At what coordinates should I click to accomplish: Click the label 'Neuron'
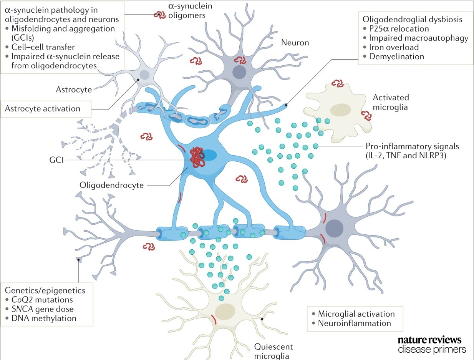pyautogui.click(x=295, y=42)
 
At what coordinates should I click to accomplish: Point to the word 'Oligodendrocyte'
pyautogui.click(x=112, y=185)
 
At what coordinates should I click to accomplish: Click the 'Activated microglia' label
pyautogui.click(x=391, y=102)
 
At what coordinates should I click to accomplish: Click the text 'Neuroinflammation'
pyautogui.click(x=354, y=323)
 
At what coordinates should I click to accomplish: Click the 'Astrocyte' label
pyautogui.click(x=74, y=90)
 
